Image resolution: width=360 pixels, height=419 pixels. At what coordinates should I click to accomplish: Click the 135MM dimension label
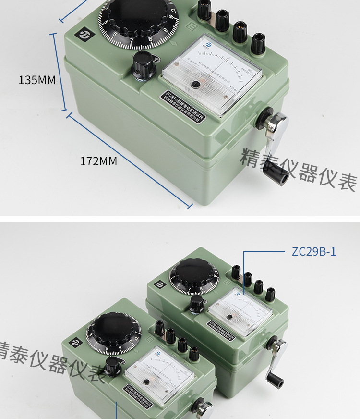click(37, 80)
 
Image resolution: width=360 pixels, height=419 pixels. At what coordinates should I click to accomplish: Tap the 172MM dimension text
click(98, 161)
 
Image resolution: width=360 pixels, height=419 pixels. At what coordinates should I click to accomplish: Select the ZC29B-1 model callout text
click(314, 252)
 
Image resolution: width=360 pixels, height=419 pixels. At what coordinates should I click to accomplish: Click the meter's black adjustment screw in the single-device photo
click(195, 85)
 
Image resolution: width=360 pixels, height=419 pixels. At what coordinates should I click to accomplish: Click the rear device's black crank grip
click(276, 380)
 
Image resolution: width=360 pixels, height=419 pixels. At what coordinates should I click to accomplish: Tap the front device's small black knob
click(113, 366)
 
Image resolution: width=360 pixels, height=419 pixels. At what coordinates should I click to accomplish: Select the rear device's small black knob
click(196, 304)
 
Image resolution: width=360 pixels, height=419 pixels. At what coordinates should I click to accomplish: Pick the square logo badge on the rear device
click(159, 284)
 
